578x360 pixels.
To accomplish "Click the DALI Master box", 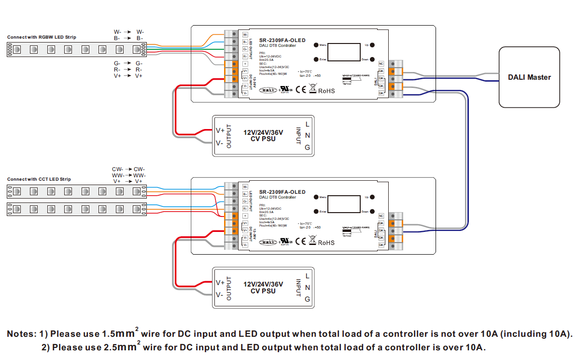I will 529,77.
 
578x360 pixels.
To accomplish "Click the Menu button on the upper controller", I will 316,45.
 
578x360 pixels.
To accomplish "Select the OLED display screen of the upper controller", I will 345,52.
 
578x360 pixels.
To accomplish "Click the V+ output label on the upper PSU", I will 220,130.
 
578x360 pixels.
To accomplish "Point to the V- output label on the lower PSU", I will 219,295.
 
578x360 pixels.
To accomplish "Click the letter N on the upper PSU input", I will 308,136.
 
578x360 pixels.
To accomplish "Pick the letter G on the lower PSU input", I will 308,299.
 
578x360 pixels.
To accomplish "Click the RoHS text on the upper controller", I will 326,91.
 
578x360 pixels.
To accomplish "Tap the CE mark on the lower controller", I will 300,242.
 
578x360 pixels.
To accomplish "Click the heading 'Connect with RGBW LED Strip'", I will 42,37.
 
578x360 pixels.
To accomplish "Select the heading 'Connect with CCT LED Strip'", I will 39,179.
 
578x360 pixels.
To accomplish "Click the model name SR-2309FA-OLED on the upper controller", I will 282,40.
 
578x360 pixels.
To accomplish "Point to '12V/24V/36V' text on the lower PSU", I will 263,284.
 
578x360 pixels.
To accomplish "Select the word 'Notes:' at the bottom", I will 21,334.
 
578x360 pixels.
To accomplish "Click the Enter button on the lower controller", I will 316,212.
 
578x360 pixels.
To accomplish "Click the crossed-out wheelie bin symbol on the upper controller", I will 312,89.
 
